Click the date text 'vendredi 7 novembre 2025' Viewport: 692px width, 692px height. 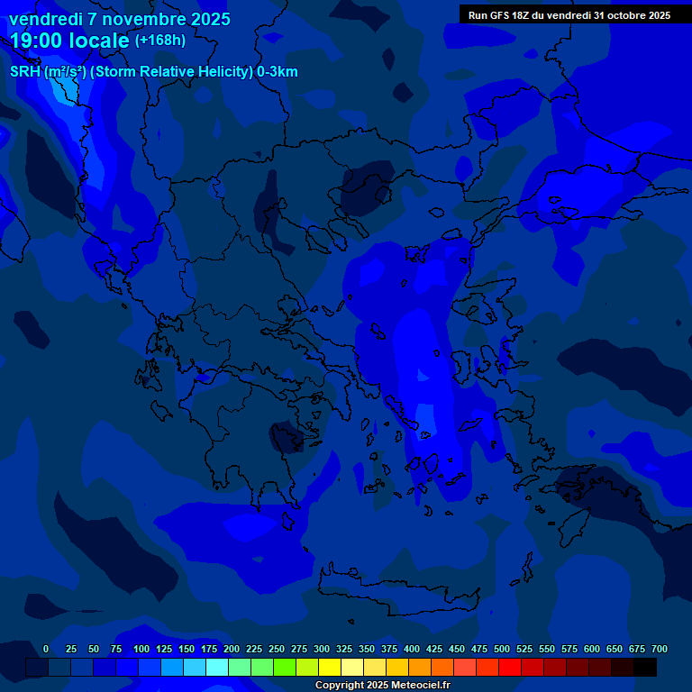[119, 19]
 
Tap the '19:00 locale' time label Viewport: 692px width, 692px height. [69, 41]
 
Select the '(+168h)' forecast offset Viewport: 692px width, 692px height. [160, 41]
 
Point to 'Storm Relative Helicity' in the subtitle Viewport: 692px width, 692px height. [171, 72]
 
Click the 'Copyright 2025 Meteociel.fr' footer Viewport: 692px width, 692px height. [383, 685]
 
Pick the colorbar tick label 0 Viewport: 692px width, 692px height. [46, 649]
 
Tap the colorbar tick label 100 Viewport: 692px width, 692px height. [141, 649]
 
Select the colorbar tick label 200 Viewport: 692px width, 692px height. [232, 649]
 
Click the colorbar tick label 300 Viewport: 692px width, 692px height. [322, 649]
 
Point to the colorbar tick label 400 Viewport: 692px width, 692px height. [412, 649]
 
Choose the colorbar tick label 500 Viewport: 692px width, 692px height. [502, 649]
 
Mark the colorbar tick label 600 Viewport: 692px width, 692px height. [592, 649]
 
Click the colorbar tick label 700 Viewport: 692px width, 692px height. [660, 649]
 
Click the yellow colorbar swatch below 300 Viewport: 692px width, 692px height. [330, 668]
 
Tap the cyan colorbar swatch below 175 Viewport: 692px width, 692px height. [217, 668]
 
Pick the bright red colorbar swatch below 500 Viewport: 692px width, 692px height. [510, 668]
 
